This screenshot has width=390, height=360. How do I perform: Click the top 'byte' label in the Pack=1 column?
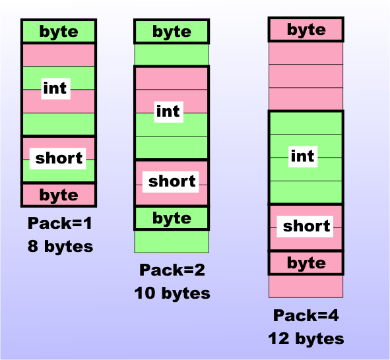[59, 32]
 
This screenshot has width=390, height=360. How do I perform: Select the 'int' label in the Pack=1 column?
[55, 88]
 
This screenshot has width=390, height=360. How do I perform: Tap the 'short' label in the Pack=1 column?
[59, 158]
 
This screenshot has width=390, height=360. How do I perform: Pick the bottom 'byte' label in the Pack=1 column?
[59, 195]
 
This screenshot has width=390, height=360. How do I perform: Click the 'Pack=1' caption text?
[59, 224]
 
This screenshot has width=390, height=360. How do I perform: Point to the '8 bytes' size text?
[60, 247]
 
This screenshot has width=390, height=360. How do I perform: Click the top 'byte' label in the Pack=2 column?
[172, 32]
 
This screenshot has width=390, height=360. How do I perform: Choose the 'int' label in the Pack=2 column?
[168, 111]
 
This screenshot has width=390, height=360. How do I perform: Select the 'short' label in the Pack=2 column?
[172, 181]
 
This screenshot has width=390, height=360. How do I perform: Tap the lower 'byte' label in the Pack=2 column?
[172, 218]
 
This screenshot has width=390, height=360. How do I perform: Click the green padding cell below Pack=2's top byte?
[172, 55]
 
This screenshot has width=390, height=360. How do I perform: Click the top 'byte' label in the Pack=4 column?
[306, 30]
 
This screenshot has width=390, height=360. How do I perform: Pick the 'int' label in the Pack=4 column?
[302, 156]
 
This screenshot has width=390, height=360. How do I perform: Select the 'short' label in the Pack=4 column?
[306, 226]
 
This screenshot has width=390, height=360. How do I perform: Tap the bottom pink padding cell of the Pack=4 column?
[306, 285]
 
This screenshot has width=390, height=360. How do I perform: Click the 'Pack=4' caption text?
[306, 316]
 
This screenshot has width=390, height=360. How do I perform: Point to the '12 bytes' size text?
[306, 339]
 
